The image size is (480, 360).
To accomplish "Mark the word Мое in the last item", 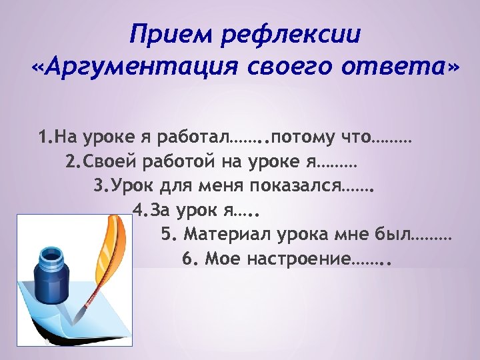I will click(222, 258).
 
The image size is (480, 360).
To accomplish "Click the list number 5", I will click(166, 234).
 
